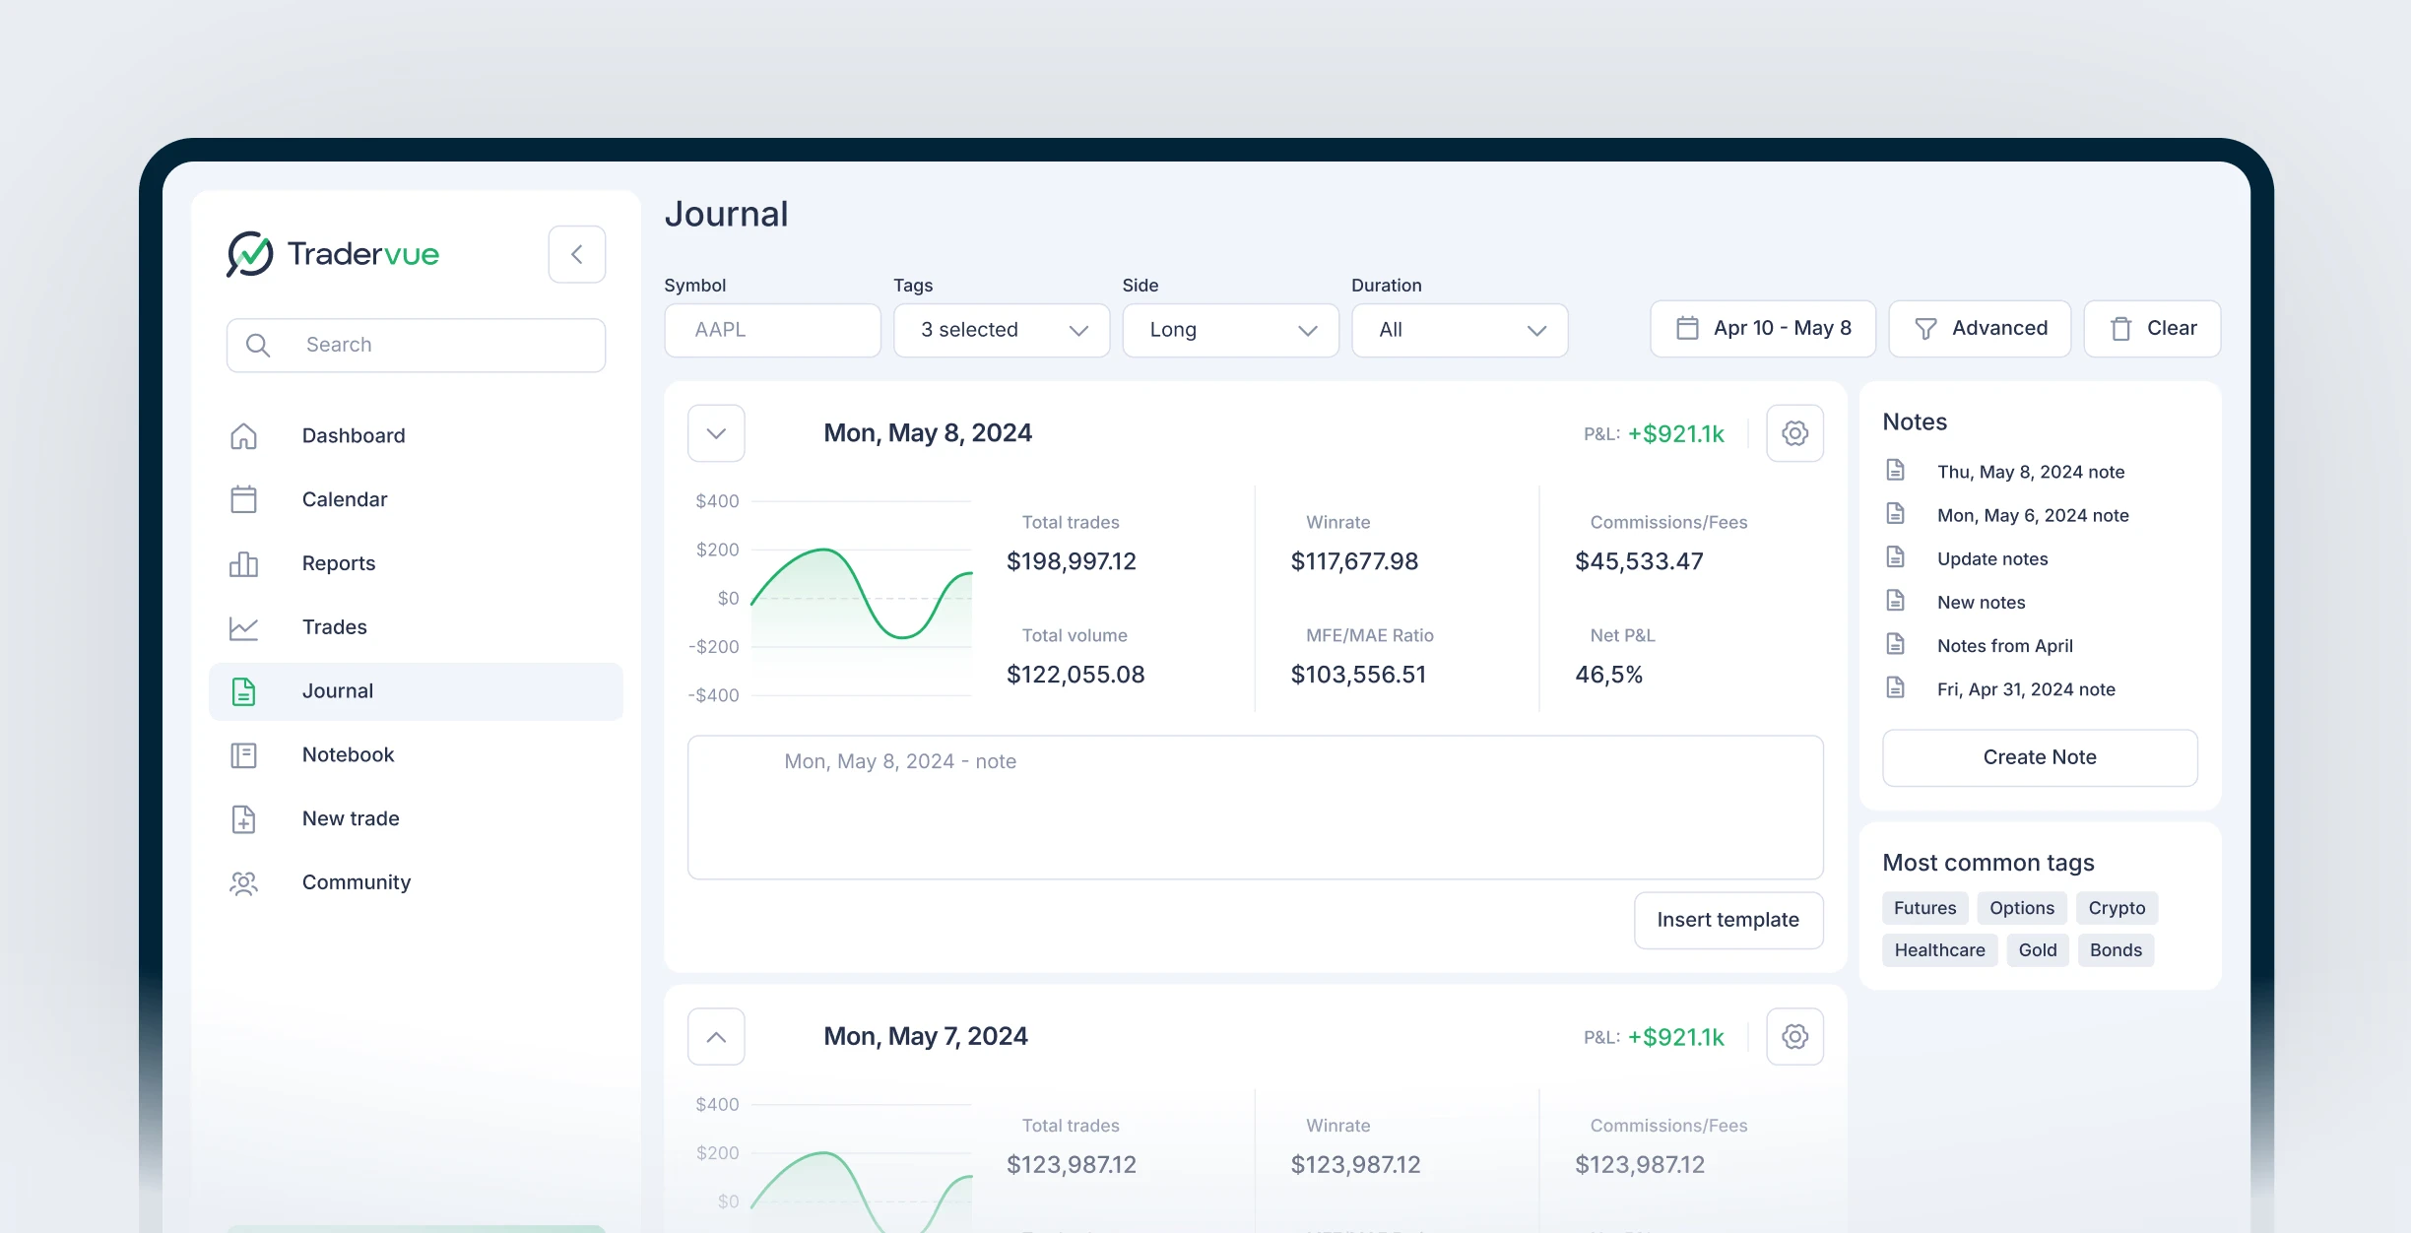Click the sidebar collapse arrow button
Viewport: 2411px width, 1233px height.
click(x=576, y=254)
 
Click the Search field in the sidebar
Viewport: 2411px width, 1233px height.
click(x=416, y=345)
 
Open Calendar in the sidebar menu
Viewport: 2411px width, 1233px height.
click(x=344, y=499)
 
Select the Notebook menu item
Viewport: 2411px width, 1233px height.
click(x=348, y=754)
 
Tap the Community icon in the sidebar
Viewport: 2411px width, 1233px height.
click(x=243, y=882)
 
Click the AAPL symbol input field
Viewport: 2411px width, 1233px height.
click(x=772, y=330)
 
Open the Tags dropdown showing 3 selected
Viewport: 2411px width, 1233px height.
click(x=1001, y=330)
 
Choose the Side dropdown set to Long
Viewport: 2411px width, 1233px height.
click(x=1230, y=330)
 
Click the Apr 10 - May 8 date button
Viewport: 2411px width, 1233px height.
click(x=1762, y=328)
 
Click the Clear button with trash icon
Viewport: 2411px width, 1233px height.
click(x=2152, y=328)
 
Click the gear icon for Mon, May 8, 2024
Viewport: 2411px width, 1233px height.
click(x=1794, y=433)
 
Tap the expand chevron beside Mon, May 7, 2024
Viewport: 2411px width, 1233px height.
click(x=716, y=1036)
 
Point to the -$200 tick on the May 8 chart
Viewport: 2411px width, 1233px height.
click(x=714, y=646)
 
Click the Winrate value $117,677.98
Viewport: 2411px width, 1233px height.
click(x=1354, y=561)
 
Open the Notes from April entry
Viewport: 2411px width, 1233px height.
click(x=2004, y=646)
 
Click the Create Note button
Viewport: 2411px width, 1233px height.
click(x=2039, y=757)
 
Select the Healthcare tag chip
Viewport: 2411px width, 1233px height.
click(x=1939, y=950)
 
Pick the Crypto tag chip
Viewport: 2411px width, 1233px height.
click(x=2117, y=908)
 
